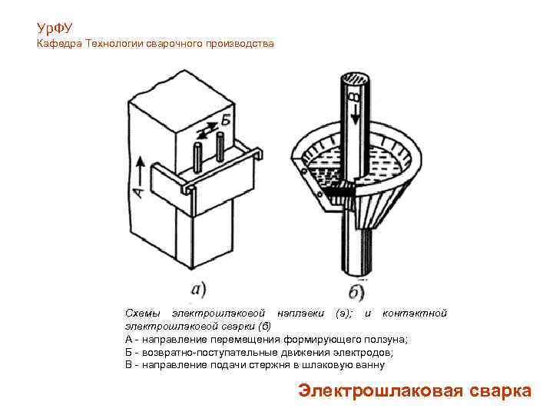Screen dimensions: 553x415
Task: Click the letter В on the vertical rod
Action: tap(352, 98)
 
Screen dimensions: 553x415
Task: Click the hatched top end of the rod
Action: tap(356, 78)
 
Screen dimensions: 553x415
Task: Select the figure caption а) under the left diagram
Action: tap(197, 290)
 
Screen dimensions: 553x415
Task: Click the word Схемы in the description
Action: tap(143, 314)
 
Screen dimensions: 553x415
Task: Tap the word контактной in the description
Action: tap(414, 314)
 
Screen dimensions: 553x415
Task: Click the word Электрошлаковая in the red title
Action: tap(369, 390)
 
